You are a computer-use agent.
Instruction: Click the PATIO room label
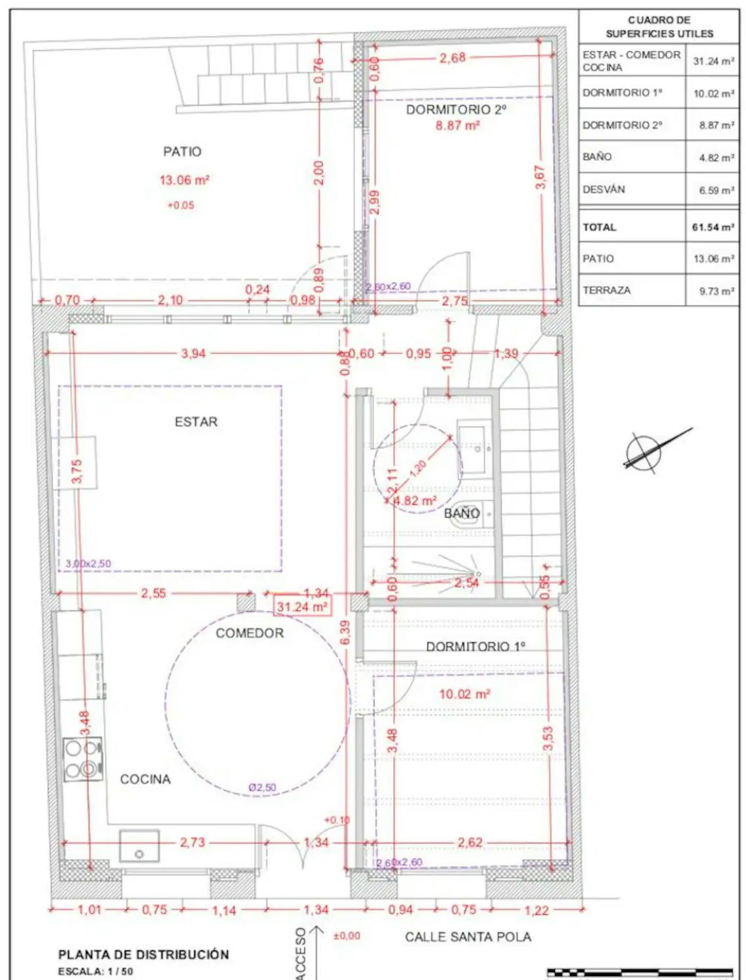(182, 152)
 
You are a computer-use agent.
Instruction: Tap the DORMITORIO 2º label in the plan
(456, 110)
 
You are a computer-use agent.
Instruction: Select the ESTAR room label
(196, 422)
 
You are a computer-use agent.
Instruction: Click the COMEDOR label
(250, 633)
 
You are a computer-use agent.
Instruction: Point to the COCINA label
(145, 779)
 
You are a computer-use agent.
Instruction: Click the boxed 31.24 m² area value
(301, 607)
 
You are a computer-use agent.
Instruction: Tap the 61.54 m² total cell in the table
(713, 227)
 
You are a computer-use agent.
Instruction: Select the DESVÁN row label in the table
(603, 189)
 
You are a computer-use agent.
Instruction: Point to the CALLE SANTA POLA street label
(468, 937)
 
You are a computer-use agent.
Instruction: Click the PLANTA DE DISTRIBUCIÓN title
(143, 954)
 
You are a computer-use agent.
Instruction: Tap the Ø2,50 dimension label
(262, 787)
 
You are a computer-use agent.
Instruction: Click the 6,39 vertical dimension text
(345, 633)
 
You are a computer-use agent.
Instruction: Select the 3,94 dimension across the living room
(193, 353)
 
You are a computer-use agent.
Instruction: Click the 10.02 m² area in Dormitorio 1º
(464, 694)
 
